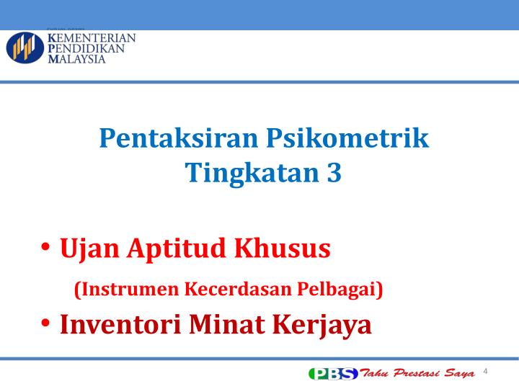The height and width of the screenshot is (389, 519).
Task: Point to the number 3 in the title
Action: tap(333, 173)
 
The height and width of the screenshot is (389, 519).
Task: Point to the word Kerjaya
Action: tap(323, 324)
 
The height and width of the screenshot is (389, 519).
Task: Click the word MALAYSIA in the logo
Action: tap(76, 59)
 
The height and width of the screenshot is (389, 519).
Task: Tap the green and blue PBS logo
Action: tap(332, 373)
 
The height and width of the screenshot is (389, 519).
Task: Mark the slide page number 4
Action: tap(486, 371)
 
